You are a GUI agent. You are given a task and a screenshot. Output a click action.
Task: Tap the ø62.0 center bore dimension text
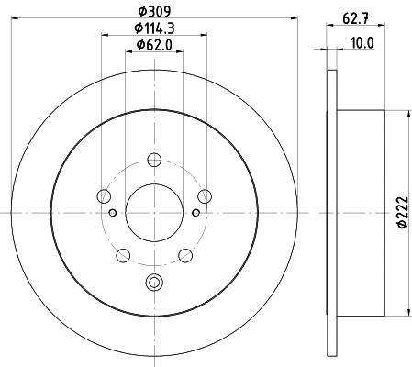tap(154, 45)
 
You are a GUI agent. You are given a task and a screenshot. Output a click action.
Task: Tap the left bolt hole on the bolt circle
tap(105, 196)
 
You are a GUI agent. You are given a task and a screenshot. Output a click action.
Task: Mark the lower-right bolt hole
tap(184, 254)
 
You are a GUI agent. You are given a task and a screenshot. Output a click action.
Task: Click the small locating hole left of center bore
tap(113, 213)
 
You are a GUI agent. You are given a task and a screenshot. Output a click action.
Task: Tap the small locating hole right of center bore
tap(195, 213)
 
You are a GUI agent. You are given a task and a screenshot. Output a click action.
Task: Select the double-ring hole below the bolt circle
tap(154, 283)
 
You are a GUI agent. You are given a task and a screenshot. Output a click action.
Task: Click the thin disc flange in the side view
tap(330, 213)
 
